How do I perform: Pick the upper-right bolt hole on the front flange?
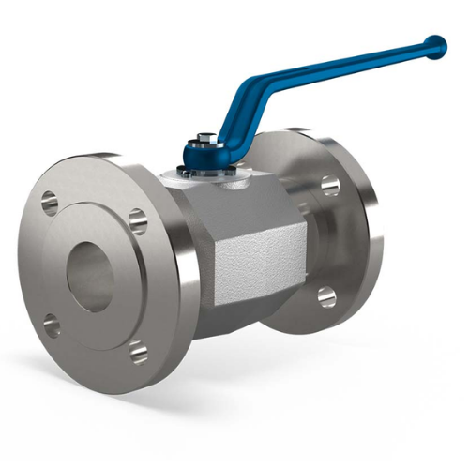(138, 221)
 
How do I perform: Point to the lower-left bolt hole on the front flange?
(52, 326)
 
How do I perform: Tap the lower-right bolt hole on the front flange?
(139, 353)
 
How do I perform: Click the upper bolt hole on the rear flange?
(329, 185)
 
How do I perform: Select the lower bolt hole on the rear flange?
(326, 297)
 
